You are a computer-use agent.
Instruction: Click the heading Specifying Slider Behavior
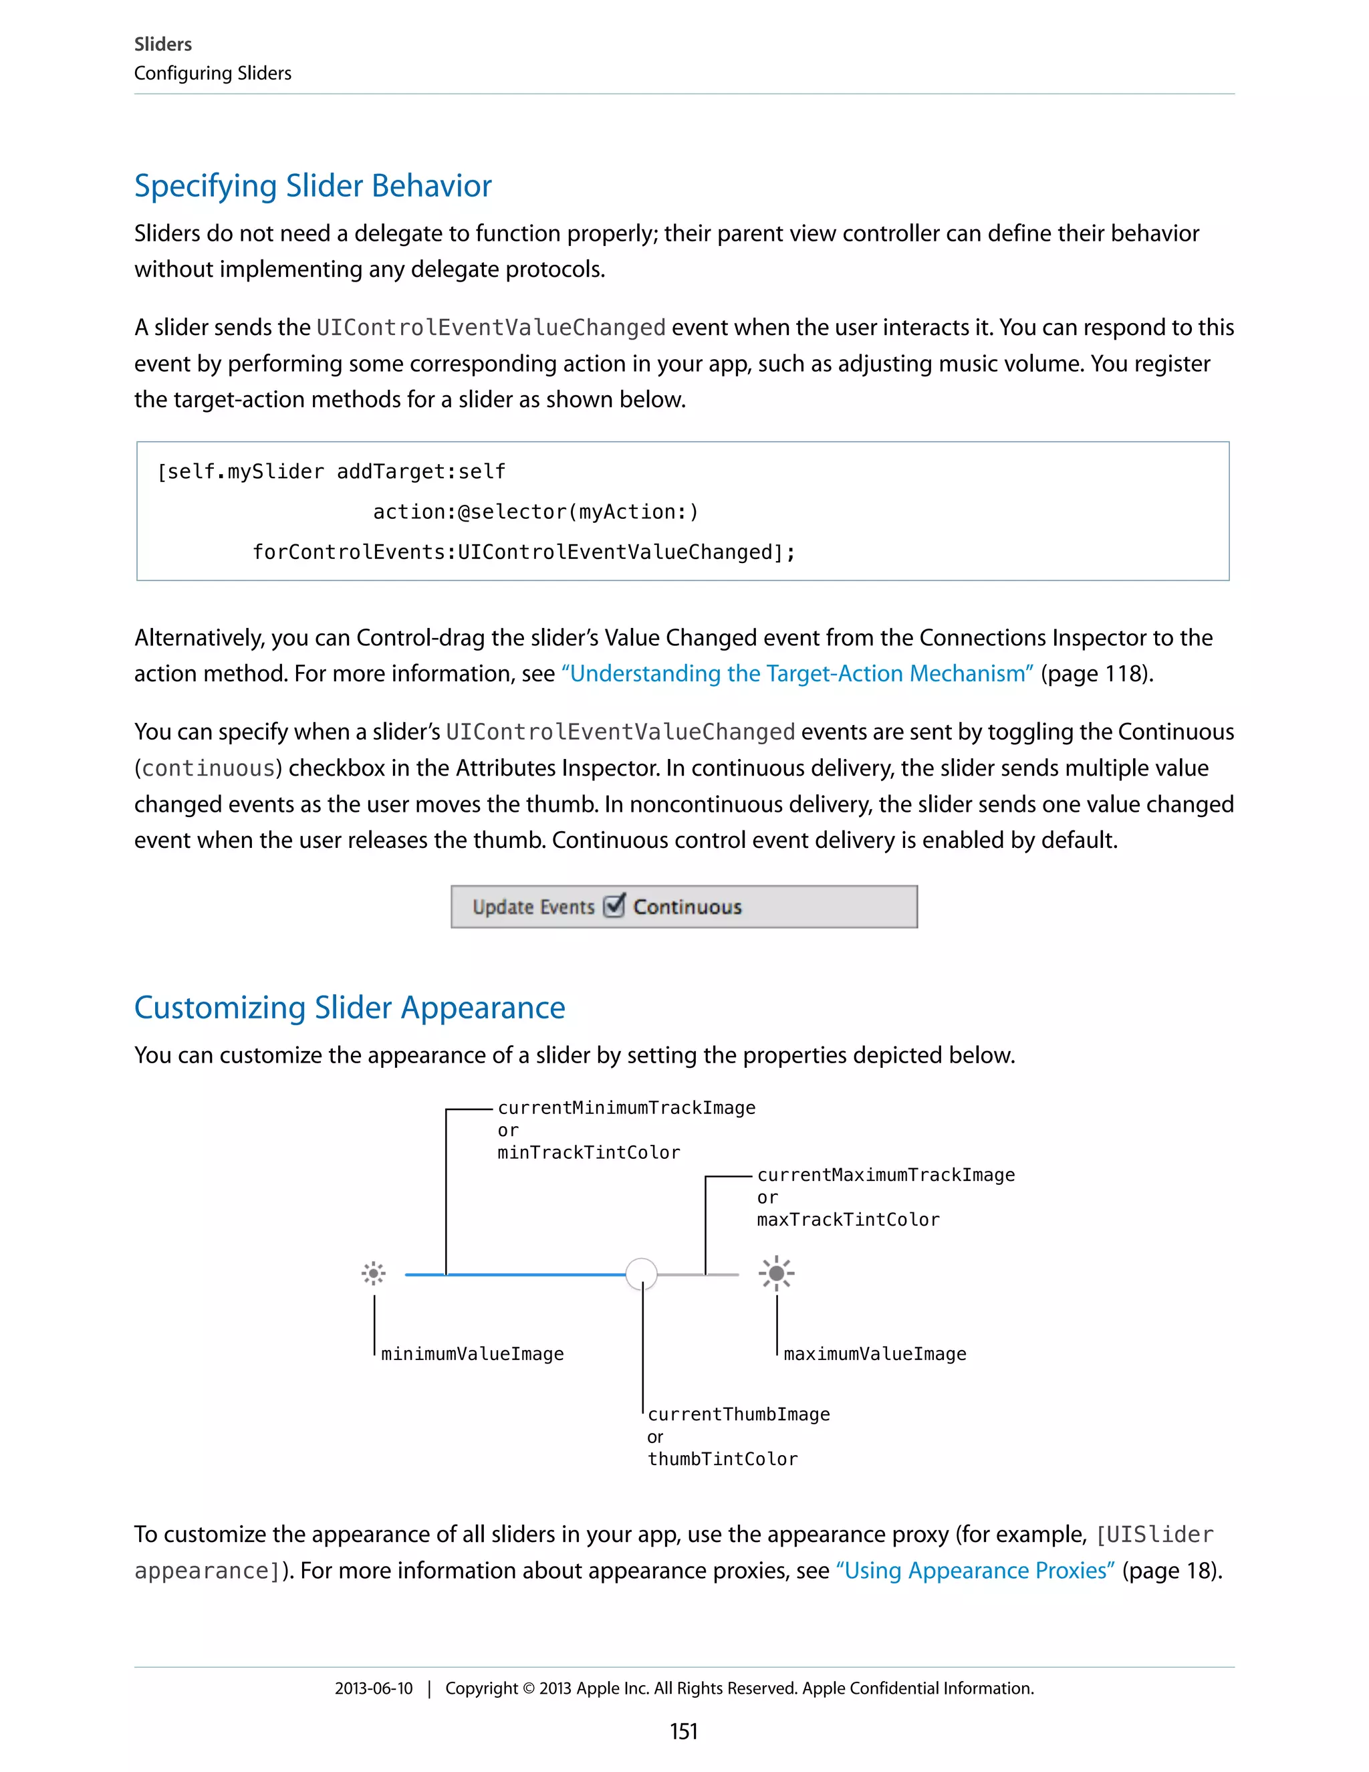click(312, 186)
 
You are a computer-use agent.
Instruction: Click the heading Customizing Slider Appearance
click(350, 1007)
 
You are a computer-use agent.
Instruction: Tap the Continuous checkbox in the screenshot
click(615, 905)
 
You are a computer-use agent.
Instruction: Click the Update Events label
click(533, 907)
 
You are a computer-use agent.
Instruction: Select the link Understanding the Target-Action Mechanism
click(797, 673)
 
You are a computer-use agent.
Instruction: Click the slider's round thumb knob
click(642, 1273)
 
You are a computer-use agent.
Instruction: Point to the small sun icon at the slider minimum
click(373, 1273)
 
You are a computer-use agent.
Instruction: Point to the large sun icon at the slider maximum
click(776, 1273)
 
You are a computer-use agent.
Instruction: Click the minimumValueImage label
click(472, 1353)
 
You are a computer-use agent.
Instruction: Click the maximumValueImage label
click(874, 1353)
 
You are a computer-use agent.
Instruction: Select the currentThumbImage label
click(738, 1414)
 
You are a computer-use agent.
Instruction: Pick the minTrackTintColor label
click(589, 1152)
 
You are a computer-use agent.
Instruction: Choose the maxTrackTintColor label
click(848, 1220)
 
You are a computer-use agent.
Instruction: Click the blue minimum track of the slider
click(519, 1275)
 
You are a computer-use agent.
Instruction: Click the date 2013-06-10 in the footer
click(373, 1688)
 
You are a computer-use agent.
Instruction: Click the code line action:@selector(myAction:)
click(535, 512)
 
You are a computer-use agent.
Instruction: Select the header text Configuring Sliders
click(213, 73)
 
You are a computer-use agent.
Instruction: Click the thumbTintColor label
click(722, 1459)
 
